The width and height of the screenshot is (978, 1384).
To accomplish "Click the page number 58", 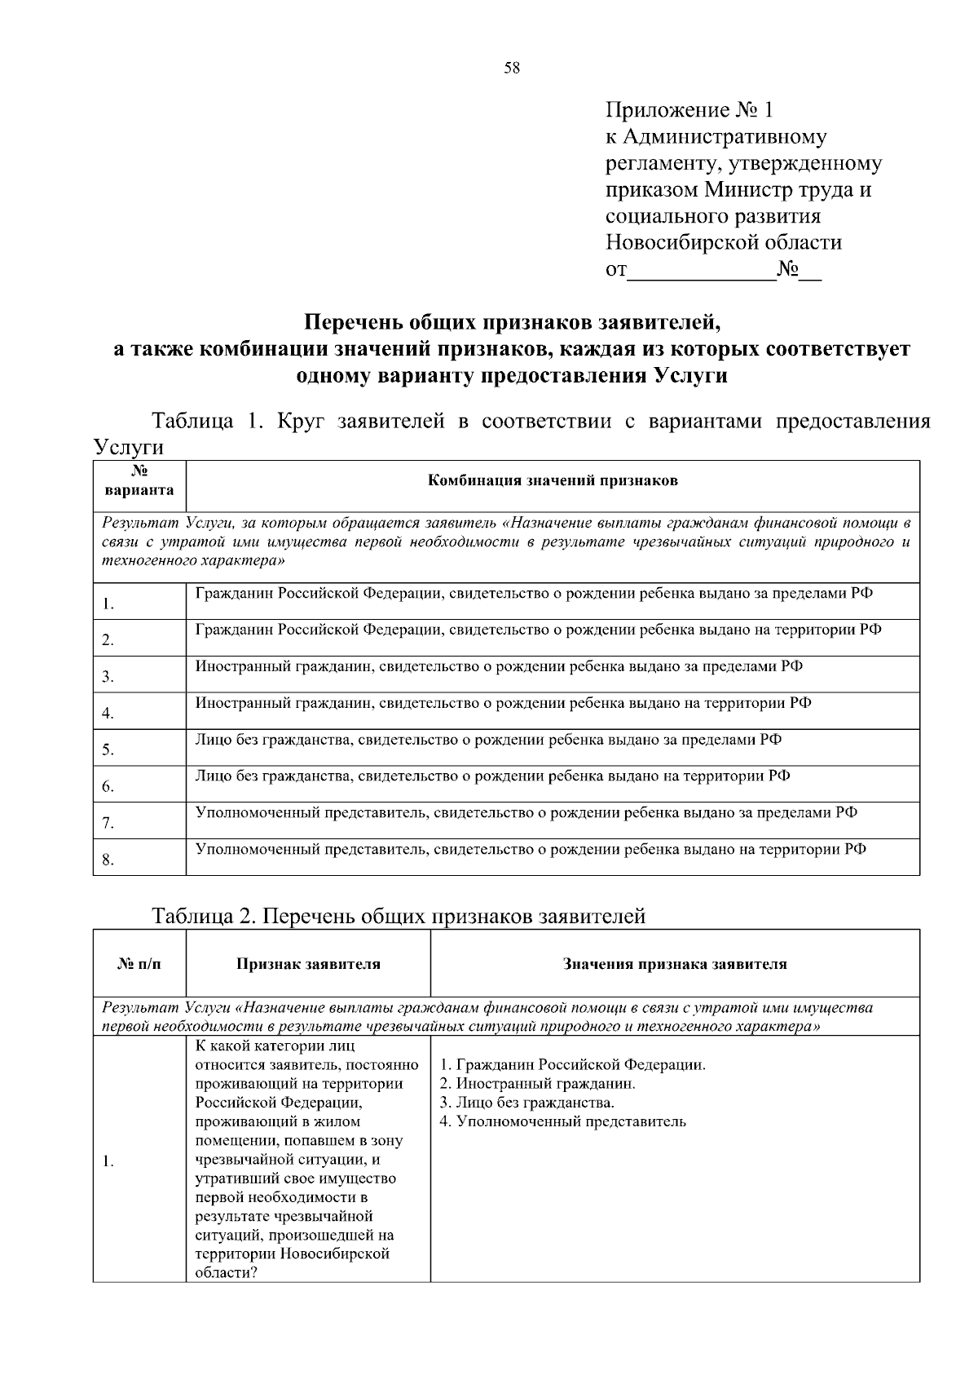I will [512, 68].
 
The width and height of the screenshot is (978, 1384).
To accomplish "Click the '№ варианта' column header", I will [139, 481].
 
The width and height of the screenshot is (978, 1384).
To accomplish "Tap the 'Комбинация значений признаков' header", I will [553, 480].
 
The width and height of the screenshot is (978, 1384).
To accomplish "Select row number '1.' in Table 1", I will [108, 604].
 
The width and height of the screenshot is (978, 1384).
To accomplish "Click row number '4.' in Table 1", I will [108, 714].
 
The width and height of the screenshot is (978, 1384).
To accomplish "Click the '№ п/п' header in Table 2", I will [139, 964].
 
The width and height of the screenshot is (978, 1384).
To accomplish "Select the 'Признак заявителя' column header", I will [308, 964].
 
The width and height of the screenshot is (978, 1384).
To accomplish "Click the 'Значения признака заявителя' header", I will [674, 964].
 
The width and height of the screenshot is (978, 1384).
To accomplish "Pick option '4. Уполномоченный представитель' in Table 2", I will [562, 1121].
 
